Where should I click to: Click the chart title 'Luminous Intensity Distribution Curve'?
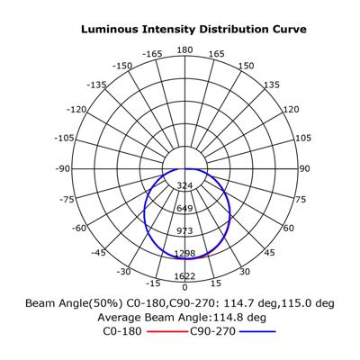click(193, 30)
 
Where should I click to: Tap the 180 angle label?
click(184, 49)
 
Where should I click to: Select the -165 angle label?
click(152, 54)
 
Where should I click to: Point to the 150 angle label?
click(247, 66)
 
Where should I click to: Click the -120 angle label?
click(76, 110)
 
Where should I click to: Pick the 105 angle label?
click(303, 139)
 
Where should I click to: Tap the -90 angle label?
click(63, 169)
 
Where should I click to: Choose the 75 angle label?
click(300, 199)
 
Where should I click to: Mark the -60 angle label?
click(79, 229)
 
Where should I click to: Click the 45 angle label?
click(269, 253)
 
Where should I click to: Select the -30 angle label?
click(124, 272)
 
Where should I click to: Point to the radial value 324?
click(184, 185)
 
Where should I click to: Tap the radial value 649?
click(184, 208)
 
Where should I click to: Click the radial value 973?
click(184, 231)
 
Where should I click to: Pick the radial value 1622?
click(184, 276)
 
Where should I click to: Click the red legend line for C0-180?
click(167, 331)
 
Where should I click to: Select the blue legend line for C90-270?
click(257, 331)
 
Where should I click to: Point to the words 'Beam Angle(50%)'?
click(74, 303)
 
